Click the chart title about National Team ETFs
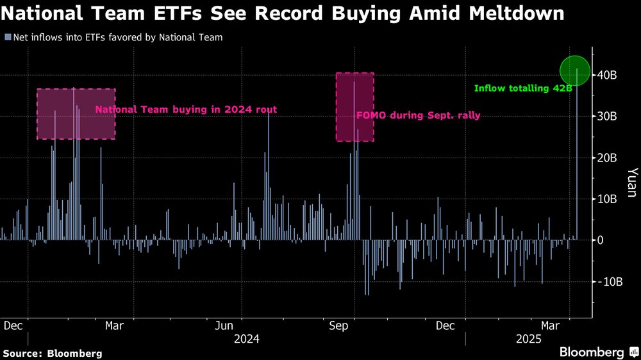[283, 13]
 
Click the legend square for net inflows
[7, 37]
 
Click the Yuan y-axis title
[631, 182]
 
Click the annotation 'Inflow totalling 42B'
[523, 88]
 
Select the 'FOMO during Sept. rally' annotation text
[418, 116]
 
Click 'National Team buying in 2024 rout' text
[186, 110]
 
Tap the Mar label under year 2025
[551, 326]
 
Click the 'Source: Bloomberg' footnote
[52, 353]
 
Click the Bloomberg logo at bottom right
[599, 352]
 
